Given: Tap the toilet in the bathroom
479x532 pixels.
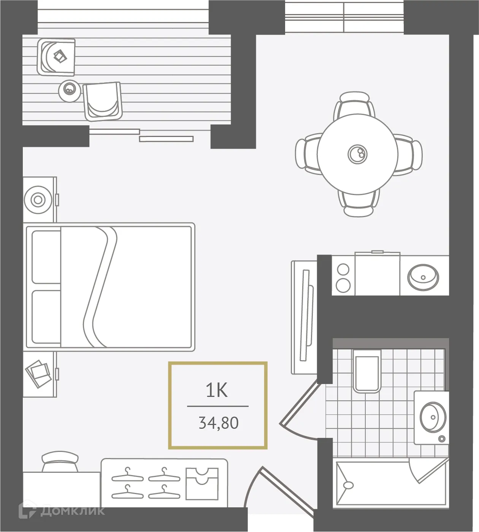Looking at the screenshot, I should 366,371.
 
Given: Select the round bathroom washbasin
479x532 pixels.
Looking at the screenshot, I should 433,417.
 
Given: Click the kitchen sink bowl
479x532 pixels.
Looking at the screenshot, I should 423,277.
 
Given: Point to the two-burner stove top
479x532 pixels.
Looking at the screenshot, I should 343,277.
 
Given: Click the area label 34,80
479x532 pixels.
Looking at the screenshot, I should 218,423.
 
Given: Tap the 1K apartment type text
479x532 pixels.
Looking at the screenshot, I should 217,390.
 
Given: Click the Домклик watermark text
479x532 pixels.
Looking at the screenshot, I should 72,511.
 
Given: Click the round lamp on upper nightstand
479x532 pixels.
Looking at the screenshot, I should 38,199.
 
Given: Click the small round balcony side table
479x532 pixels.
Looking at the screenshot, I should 69,90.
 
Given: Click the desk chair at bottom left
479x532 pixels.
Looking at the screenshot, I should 60,462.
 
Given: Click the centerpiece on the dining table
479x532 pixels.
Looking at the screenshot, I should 357,153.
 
